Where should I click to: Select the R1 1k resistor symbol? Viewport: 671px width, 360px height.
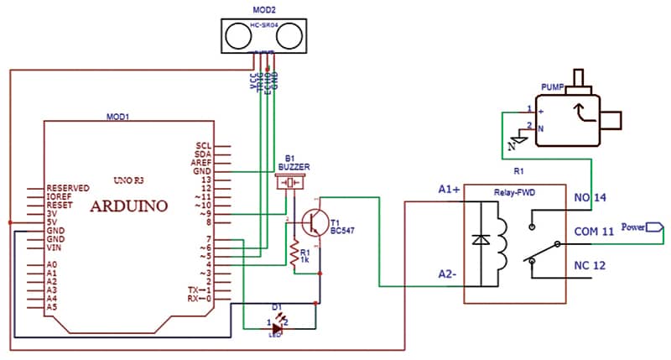(294, 253)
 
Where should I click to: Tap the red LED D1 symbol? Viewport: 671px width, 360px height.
(278, 324)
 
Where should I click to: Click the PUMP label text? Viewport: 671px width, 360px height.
(554, 86)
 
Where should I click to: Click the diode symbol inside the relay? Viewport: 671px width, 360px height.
(481, 240)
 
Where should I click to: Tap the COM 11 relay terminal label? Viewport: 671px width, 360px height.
(594, 230)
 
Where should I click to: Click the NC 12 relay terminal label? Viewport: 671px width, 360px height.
(590, 266)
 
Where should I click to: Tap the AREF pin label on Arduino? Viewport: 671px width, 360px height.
(203, 162)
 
